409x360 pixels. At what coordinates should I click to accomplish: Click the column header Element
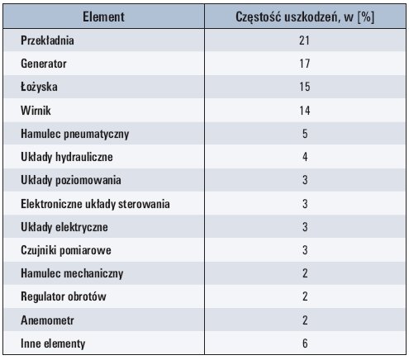click(103, 17)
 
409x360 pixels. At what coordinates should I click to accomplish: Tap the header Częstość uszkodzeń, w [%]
click(305, 17)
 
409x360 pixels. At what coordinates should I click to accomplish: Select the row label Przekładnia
click(47, 40)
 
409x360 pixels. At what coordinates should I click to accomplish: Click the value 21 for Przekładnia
click(304, 40)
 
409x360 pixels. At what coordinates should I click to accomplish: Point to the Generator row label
click(44, 64)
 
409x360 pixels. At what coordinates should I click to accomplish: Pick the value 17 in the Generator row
click(305, 64)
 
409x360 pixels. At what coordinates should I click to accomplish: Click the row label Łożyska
click(39, 87)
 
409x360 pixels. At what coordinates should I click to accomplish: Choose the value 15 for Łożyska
click(305, 87)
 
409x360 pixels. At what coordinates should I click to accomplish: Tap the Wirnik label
click(36, 111)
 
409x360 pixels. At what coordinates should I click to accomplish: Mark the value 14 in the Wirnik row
click(305, 111)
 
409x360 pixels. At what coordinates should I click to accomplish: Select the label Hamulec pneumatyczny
click(75, 134)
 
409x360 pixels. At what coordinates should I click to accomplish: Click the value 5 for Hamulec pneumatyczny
click(305, 134)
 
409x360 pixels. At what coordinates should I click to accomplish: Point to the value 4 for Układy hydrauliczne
click(305, 157)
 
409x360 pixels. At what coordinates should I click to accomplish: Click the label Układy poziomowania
click(71, 180)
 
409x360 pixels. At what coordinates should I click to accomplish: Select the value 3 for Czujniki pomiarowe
click(305, 250)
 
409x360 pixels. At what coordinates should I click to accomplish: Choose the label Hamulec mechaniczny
click(72, 273)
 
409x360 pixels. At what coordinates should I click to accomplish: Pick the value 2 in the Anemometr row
click(305, 320)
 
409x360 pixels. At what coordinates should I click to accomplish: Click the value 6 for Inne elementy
click(305, 343)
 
